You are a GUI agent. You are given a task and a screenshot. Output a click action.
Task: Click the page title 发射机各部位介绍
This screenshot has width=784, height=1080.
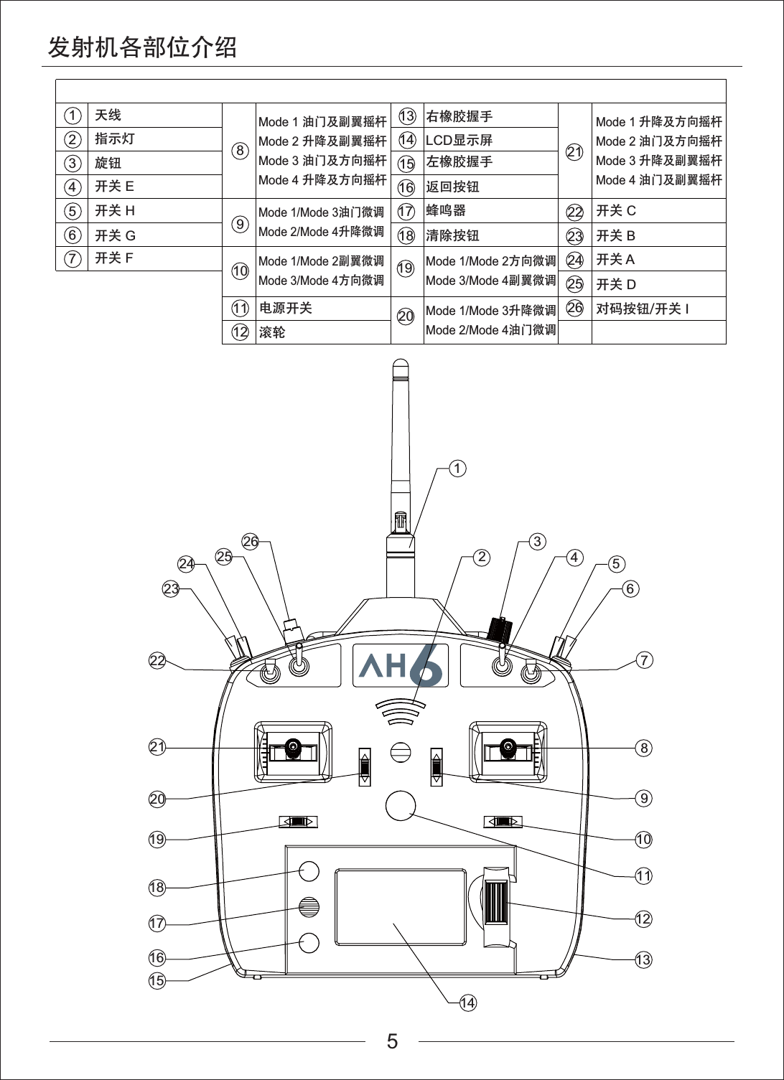142,47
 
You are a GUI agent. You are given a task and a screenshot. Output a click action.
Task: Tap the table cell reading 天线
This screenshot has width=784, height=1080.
108,115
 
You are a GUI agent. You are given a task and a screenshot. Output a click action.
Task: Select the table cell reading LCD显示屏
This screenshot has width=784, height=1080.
459,140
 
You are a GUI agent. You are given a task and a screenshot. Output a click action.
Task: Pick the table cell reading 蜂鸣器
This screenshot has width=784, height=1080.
446,211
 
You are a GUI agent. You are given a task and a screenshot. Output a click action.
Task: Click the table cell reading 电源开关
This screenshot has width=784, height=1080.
286,309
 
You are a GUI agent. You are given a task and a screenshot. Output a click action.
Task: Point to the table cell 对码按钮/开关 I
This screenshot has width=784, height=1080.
643,309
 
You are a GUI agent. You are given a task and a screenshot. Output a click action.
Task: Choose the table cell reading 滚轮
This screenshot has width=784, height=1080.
272,332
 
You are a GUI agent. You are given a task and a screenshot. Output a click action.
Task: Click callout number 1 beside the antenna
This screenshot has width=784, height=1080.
457,469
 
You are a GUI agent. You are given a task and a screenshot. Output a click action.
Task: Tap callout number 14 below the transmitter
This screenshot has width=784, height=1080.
467,1002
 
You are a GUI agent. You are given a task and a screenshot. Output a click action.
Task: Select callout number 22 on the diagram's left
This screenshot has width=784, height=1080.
157,661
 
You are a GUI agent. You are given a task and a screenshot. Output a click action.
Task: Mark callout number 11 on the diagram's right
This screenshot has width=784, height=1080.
643,875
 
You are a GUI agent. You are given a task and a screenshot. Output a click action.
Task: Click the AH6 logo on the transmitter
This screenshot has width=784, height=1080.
401,665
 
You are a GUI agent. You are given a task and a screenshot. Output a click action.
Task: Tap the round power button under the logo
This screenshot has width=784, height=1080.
401,805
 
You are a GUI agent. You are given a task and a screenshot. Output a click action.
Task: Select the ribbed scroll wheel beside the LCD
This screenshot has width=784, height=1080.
496,902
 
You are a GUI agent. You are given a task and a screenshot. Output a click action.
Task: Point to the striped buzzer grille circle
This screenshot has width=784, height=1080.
309,908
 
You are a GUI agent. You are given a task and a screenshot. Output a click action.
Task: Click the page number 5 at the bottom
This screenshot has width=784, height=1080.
392,1041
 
